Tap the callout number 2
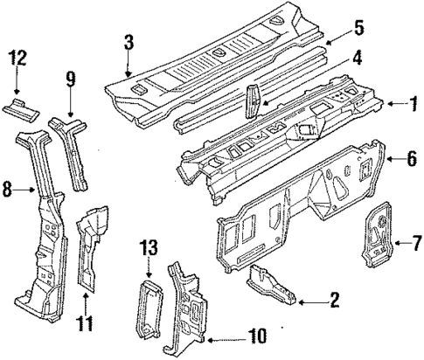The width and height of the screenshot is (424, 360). coord(334,300)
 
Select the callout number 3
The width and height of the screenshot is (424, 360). coord(129,43)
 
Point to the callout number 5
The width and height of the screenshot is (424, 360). coord(358,28)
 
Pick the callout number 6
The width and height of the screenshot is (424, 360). coord(412,159)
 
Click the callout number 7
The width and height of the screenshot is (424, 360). coord(415,243)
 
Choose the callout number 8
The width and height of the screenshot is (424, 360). coord(8,190)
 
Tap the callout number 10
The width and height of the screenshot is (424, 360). coord(257,336)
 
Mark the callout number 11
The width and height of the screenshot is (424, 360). coord(85,323)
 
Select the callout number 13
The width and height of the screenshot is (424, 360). coord(149,247)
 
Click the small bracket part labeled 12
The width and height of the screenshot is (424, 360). coord(21,110)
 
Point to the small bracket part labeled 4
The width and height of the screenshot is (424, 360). coord(253,102)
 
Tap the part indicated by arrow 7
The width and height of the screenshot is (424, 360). coord(377,234)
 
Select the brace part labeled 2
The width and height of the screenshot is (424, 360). coord(271,285)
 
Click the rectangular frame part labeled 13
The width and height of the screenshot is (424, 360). coord(150,308)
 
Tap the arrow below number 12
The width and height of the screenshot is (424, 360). coord(17,80)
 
